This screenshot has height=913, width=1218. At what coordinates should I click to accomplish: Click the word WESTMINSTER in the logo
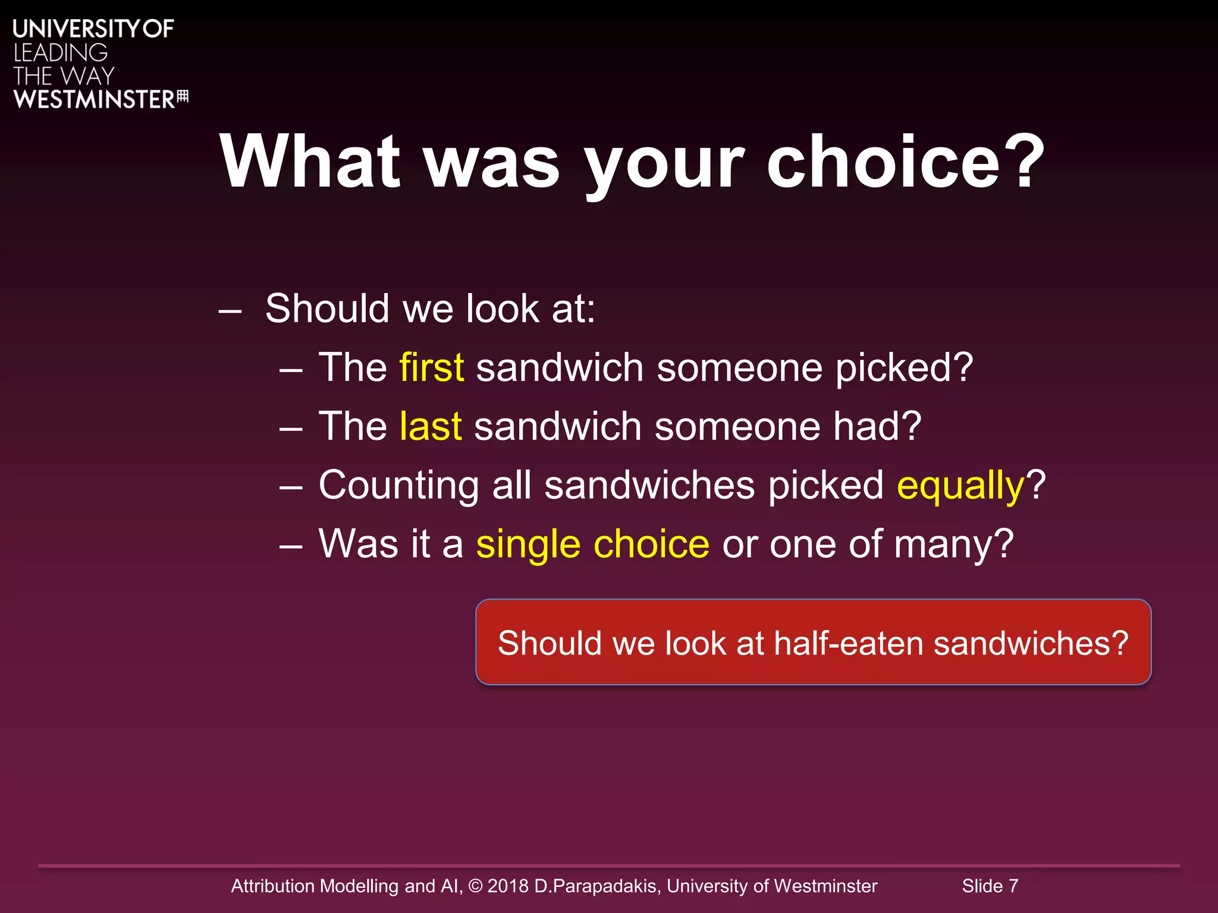click(94, 99)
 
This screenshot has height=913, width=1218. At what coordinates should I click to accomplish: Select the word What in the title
click(310, 162)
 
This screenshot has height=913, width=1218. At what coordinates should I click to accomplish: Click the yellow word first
click(431, 367)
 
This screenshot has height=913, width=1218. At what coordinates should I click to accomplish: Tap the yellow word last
click(431, 426)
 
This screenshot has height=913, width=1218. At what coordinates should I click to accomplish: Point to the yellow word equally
click(960, 486)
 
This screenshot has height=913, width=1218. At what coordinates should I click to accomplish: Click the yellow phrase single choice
click(592, 544)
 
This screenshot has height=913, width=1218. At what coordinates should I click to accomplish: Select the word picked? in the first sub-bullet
click(904, 369)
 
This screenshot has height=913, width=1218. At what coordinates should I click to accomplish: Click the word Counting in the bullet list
click(398, 486)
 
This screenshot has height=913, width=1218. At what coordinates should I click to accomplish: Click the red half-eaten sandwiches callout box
click(813, 643)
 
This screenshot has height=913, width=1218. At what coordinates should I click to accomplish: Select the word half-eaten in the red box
click(848, 643)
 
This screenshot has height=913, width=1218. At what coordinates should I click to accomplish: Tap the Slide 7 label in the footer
click(990, 886)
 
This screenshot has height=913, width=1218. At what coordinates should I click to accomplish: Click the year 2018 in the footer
click(507, 886)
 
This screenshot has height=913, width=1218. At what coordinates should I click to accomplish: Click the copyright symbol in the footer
click(475, 886)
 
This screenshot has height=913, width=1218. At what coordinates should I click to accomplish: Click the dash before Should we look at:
click(230, 310)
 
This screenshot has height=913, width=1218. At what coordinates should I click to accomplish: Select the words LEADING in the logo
click(61, 53)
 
